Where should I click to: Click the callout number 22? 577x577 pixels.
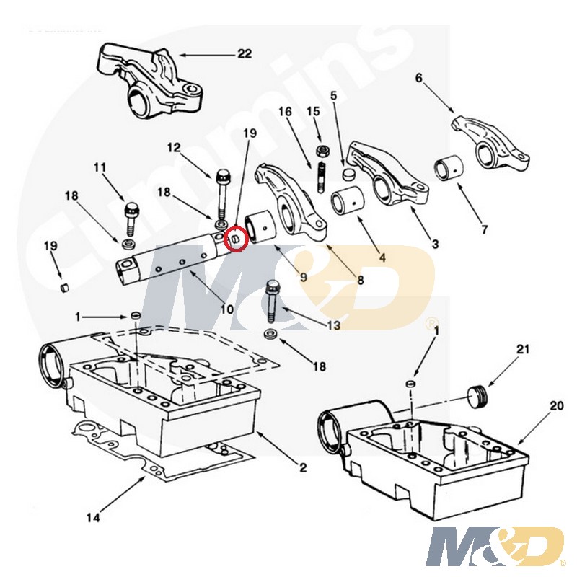click(x=245, y=53)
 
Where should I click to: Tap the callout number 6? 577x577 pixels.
click(x=419, y=78)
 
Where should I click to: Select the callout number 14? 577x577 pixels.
click(x=93, y=518)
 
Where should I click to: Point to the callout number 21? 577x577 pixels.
click(x=523, y=349)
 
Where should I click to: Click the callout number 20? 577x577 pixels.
click(x=557, y=405)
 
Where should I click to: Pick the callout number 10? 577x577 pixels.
click(x=227, y=309)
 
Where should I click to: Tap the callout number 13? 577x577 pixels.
click(x=333, y=325)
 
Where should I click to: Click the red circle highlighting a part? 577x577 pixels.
click(x=237, y=239)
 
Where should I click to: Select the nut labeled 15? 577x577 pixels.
click(x=322, y=151)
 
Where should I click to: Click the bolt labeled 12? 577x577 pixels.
click(x=223, y=193)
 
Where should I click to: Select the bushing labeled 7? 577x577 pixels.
click(x=449, y=169)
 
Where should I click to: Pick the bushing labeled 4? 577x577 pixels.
click(x=348, y=201)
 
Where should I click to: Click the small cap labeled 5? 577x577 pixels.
click(x=348, y=174)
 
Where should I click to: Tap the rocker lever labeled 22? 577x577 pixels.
click(x=149, y=80)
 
